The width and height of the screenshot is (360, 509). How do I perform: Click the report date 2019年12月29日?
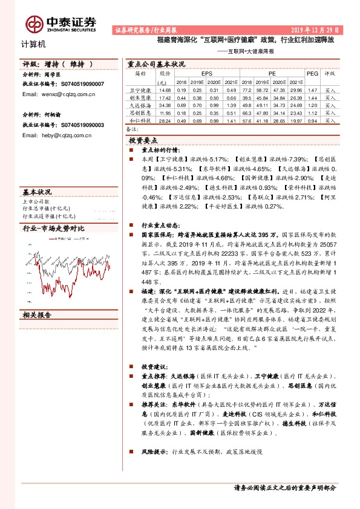pos(315,30)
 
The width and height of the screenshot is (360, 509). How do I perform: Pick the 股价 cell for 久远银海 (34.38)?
pos(165,105)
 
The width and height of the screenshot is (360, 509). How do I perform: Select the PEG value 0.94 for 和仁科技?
pos(312,120)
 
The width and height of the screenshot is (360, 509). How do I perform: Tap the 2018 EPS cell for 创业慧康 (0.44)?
pos(182,97)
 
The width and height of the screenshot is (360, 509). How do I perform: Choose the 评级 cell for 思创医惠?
pos(330,112)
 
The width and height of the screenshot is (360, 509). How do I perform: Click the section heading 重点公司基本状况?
pos(155,63)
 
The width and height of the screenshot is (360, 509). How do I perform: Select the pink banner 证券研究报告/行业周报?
pos(145,30)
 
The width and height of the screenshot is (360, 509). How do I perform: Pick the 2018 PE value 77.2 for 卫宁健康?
pos(247,89)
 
